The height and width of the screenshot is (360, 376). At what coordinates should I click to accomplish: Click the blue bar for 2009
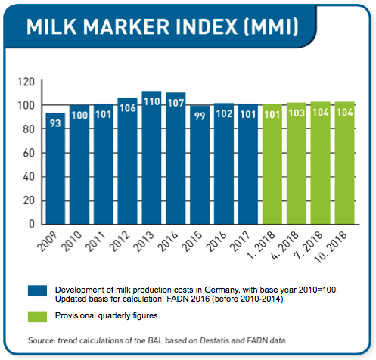coord(55,169)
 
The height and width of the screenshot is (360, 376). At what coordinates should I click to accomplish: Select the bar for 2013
coord(151,157)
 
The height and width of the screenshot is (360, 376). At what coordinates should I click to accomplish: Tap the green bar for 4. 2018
coord(297,163)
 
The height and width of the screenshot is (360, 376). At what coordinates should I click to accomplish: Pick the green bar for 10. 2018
coord(344,163)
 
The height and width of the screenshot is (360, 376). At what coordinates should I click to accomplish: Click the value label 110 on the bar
coord(152,101)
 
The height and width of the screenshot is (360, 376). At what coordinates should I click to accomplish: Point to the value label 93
coord(55,123)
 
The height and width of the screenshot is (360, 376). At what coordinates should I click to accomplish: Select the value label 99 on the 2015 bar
coord(200,116)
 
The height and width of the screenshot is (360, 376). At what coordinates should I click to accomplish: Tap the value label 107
coord(176,103)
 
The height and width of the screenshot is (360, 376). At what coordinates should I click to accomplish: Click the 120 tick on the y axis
coord(26,82)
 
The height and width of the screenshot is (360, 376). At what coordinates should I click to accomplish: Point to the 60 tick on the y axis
coord(29,153)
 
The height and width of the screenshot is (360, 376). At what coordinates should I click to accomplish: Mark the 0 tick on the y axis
coord(32,224)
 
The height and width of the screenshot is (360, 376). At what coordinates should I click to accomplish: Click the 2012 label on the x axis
coord(120,241)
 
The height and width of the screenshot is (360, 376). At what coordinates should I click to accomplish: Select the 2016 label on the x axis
coord(216,241)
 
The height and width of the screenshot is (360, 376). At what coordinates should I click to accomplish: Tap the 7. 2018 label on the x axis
coord(308,245)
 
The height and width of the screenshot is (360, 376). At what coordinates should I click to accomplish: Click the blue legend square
coord(37,290)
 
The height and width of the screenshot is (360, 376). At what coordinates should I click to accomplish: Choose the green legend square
coord(37,317)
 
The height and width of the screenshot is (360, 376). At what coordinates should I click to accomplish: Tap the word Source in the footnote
coord(42,340)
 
